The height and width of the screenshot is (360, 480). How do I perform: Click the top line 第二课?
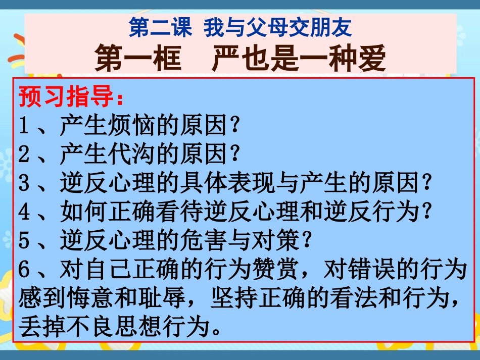pyautogui.click(x=160, y=28)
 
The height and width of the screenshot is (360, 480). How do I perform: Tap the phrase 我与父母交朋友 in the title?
pyautogui.click(x=277, y=28)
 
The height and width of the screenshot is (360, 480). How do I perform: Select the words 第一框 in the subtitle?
pyautogui.click(x=137, y=60)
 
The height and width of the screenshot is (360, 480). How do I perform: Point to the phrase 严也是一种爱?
pyautogui.click(x=299, y=60)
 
